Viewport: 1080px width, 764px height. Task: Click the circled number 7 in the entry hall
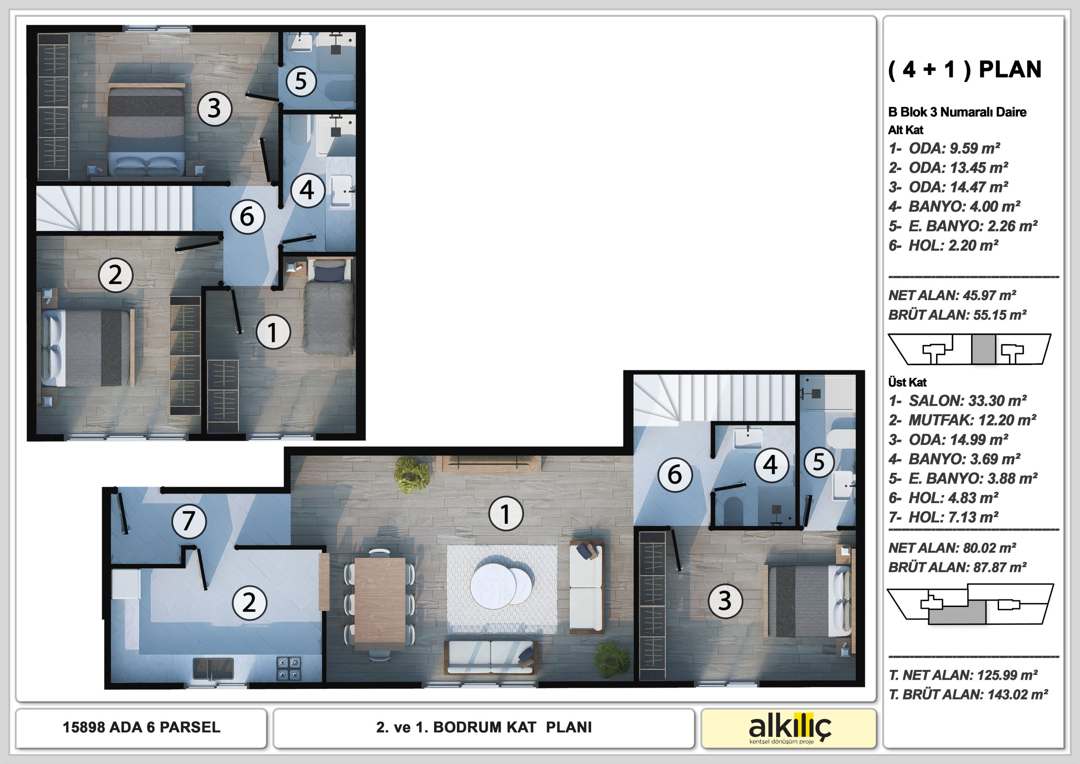(x=189, y=521)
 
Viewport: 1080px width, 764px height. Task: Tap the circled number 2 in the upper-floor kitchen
(x=249, y=603)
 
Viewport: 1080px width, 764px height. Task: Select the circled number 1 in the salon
(x=506, y=514)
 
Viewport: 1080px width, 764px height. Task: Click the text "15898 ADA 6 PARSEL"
(x=142, y=727)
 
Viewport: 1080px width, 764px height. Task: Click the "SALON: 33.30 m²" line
(x=958, y=401)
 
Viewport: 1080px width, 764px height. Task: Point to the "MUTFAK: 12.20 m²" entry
(x=962, y=420)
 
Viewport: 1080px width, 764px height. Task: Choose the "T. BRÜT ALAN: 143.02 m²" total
(x=969, y=694)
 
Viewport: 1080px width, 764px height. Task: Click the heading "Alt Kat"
(x=906, y=130)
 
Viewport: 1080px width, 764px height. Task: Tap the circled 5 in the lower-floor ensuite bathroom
(x=301, y=81)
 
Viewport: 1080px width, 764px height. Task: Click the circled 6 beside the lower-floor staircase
(x=247, y=217)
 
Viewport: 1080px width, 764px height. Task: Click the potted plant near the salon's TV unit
(x=412, y=475)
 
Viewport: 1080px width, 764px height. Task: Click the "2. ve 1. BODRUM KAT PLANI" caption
(x=484, y=727)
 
